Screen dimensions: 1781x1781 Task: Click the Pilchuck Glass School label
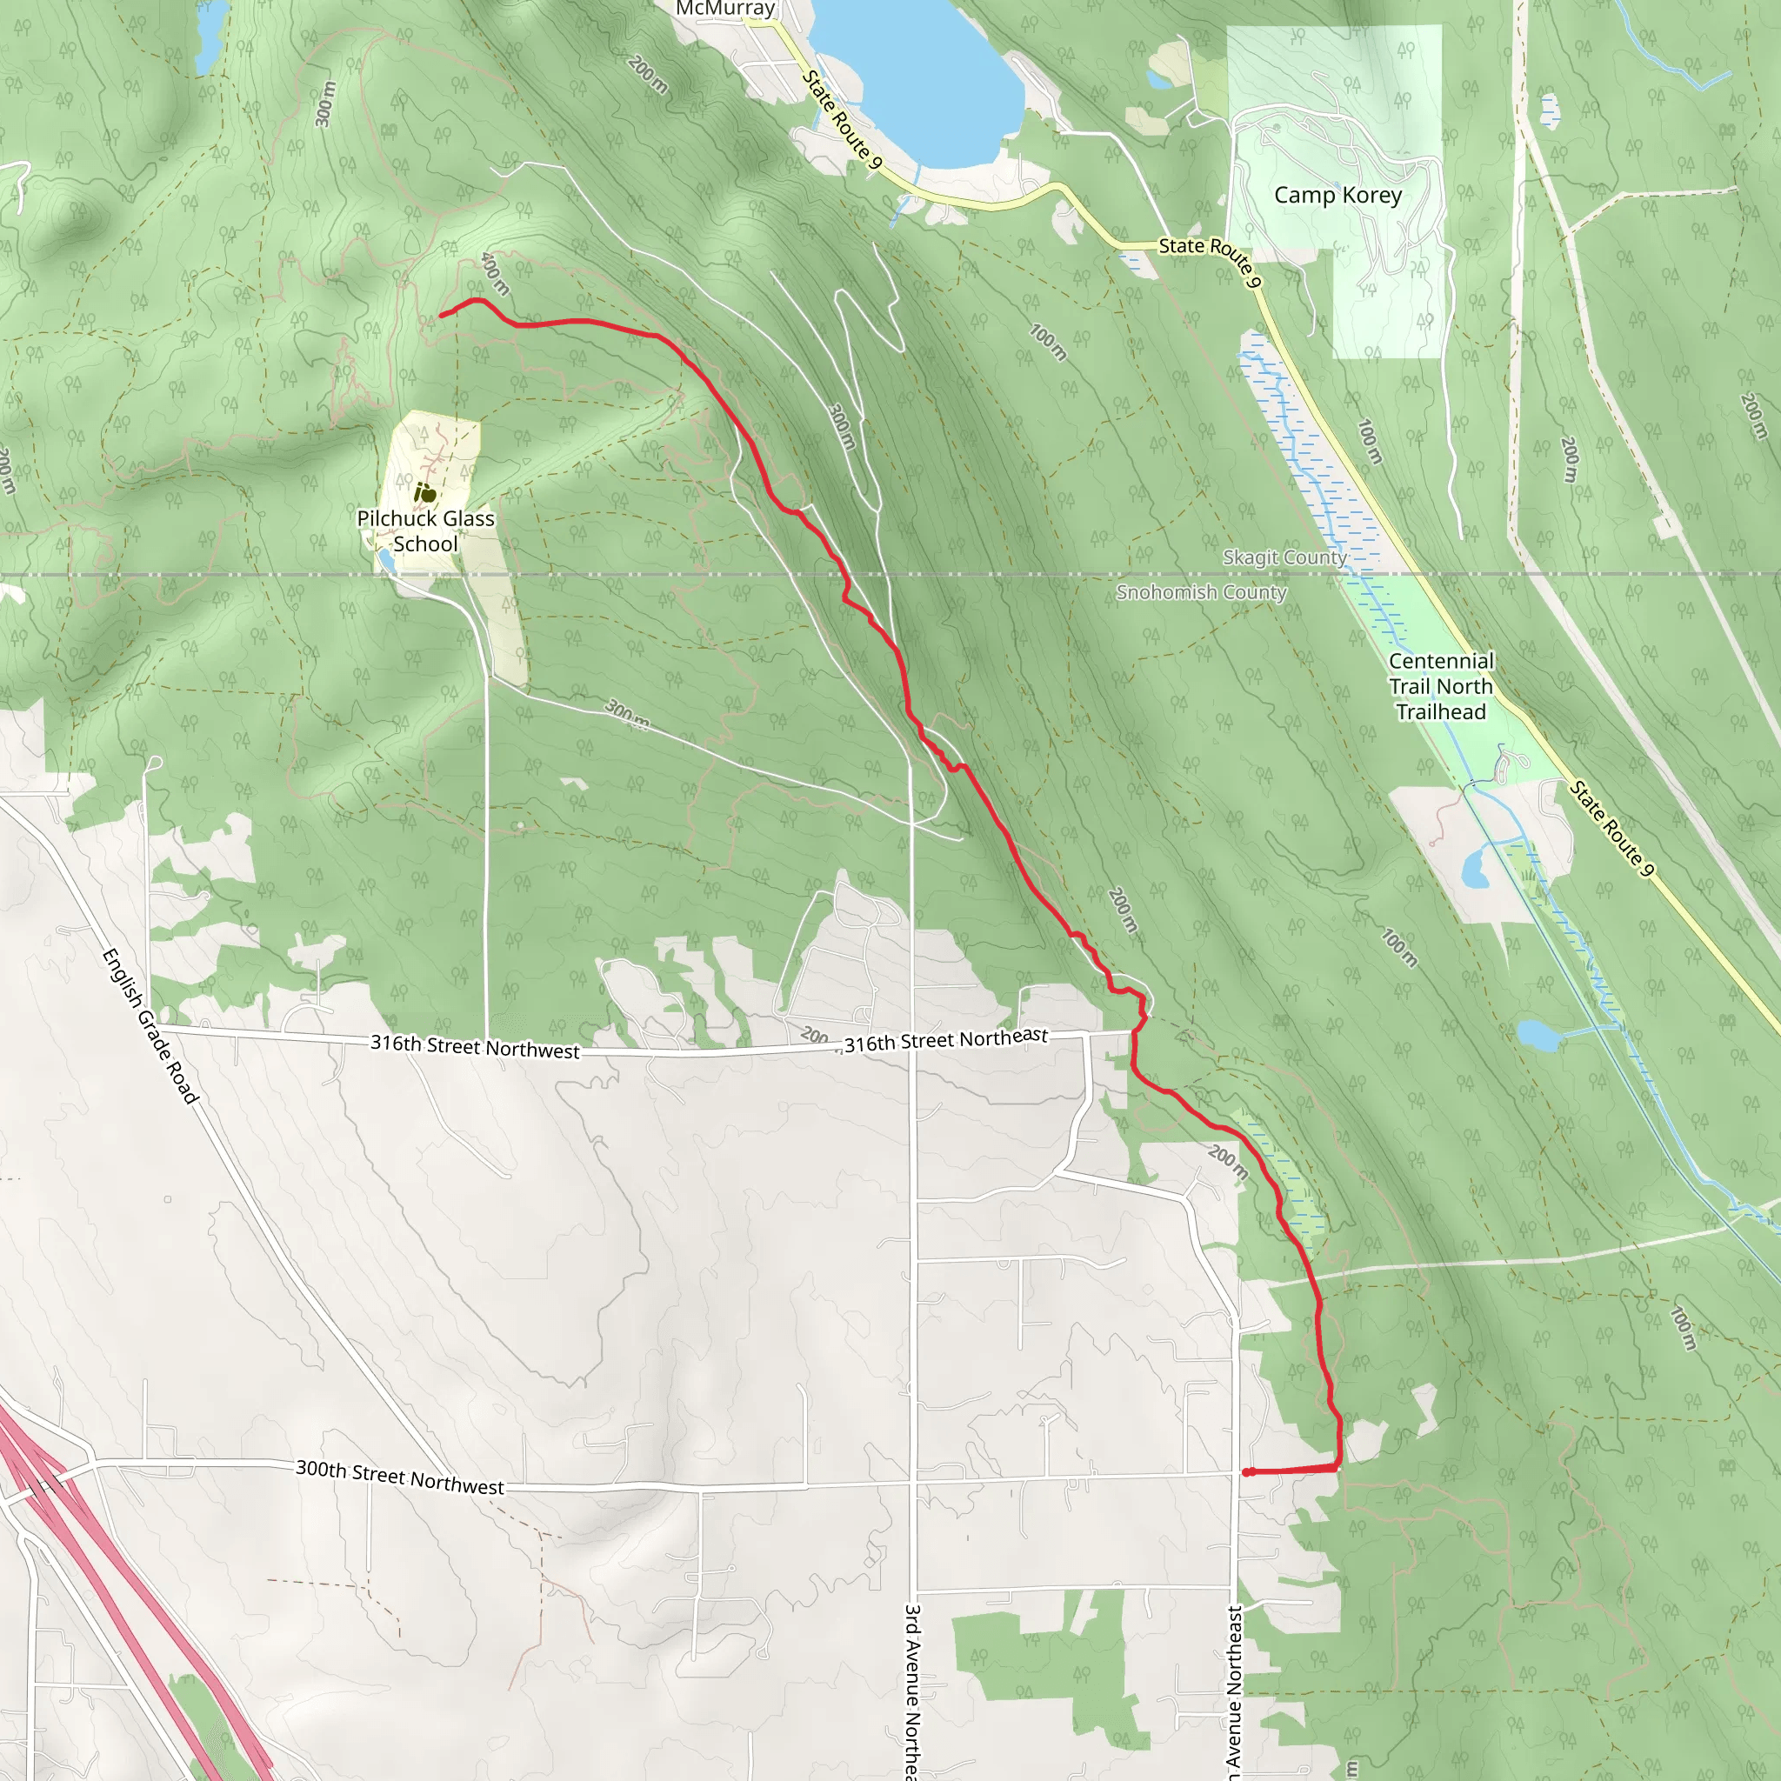425,531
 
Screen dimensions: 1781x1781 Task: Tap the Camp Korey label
1337,196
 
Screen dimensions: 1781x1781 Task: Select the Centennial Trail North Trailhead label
1441,686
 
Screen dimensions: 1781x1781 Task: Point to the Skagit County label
1284,557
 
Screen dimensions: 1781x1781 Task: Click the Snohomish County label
1201,592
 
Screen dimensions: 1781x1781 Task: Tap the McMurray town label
724,10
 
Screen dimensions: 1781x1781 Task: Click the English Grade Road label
150,1025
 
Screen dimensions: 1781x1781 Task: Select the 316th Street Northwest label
475,1046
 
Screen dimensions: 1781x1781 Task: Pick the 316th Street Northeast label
946,1041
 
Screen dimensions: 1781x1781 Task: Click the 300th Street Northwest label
399,1477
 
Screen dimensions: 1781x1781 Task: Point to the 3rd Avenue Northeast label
912,1691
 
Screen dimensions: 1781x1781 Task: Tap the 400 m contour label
495,274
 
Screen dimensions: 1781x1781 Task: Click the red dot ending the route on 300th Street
1248,1472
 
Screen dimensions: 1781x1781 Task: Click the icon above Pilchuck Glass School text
424,493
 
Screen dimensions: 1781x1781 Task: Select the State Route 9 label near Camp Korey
1210,260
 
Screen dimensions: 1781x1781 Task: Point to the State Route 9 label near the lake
842,120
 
